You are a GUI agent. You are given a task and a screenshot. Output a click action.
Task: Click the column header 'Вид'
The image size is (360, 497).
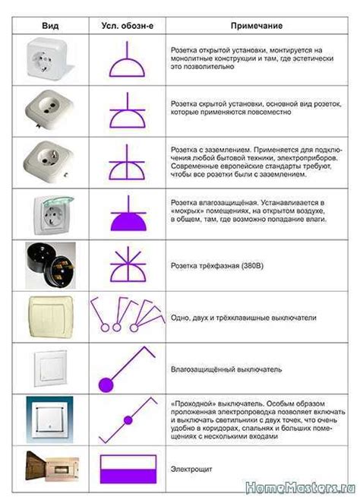click(51, 25)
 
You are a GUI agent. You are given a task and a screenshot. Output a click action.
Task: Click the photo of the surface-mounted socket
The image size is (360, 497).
click(51, 59)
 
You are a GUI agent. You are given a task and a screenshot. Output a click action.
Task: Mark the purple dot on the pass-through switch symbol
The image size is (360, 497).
click(128, 419)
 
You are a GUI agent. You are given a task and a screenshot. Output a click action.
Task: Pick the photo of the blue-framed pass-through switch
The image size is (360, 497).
click(50, 419)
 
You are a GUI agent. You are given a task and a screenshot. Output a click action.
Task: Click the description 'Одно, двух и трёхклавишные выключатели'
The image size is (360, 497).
click(243, 317)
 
